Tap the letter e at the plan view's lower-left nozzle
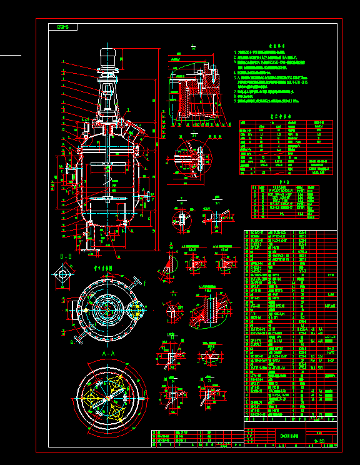coord(72,342)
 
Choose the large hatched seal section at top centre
coord(192,94)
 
